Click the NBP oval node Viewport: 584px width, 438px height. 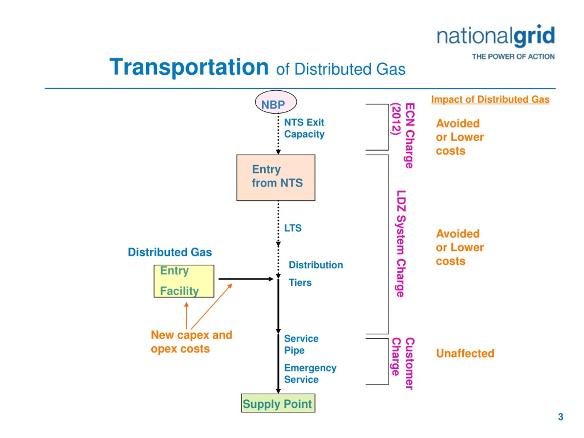coord(276,102)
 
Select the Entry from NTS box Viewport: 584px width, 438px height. coord(276,178)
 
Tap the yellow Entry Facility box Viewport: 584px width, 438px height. coord(184,281)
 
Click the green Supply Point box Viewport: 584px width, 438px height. coord(278,403)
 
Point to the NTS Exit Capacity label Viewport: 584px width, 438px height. coord(304,128)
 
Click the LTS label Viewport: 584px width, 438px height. coord(293,228)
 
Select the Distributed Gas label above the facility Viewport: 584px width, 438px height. coord(170,252)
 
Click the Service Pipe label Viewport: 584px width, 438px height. coord(301,344)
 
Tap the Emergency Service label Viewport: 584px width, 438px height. coord(310,374)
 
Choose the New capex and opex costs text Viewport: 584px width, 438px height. coord(191,342)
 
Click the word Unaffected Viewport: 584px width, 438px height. coord(465,354)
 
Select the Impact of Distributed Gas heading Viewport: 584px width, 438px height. coord(490,99)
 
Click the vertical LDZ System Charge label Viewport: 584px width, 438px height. coord(401,244)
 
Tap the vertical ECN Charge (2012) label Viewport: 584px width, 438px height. coord(403,136)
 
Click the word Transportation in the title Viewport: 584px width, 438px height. coord(189,67)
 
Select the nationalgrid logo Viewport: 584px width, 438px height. coord(496,36)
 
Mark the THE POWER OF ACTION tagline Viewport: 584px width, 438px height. coord(513,57)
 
